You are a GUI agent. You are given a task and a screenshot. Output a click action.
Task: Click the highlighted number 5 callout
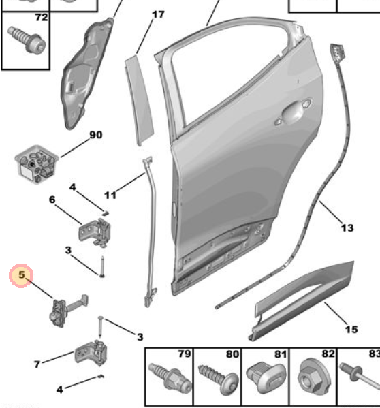[x=21, y=276]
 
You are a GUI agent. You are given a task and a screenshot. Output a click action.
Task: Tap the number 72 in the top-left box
[x=41, y=17]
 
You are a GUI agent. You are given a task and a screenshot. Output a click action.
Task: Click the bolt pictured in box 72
[x=28, y=40]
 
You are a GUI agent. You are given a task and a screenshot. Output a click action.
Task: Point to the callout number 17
[x=157, y=14]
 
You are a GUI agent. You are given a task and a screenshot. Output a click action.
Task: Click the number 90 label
[x=95, y=135]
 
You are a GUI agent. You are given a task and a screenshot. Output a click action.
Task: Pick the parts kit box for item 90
[x=35, y=166]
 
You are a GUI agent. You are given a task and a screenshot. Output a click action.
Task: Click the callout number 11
[x=110, y=195]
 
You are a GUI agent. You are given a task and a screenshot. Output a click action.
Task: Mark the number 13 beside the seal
[x=347, y=227]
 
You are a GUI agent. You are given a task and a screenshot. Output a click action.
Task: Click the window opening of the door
[x=225, y=75]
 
